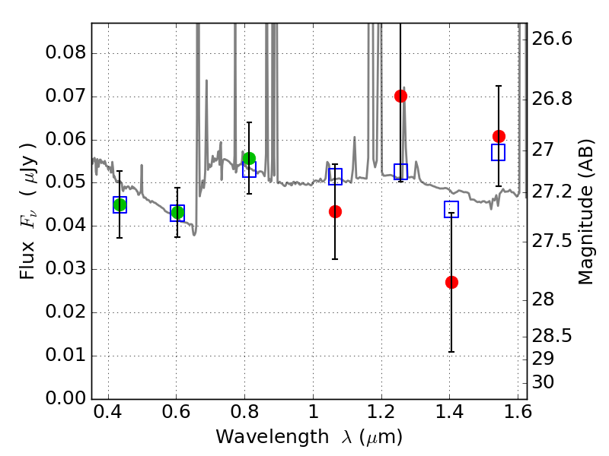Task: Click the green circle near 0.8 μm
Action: (249, 158)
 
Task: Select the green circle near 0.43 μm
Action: (120, 204)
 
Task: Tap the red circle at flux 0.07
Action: (400, 96)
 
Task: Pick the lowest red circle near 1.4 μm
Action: (451, 282)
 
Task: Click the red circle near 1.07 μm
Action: (335, 211)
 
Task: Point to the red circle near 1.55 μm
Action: (499, 136)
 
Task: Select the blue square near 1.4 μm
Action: (451, 210)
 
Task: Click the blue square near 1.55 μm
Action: (499, 153)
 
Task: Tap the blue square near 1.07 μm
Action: (335, 176)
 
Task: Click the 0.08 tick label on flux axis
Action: (65, 53)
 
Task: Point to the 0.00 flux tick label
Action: (65, 399)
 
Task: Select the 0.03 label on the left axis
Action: (65, 269)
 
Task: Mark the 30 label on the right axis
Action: (545, 382)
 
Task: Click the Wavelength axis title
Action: (308, 437)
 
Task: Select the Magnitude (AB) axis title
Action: (585, 211)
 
